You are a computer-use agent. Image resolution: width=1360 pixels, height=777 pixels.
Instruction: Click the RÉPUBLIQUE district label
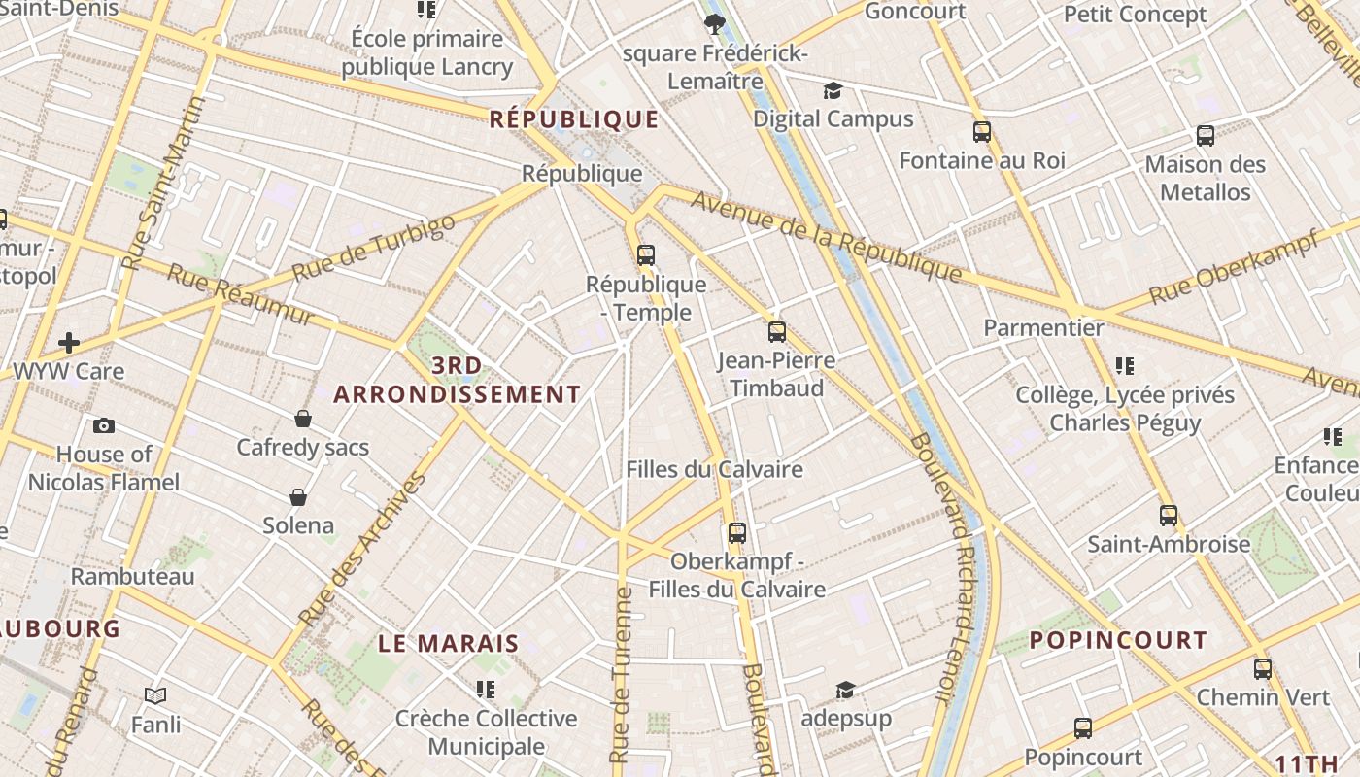pos(574,119)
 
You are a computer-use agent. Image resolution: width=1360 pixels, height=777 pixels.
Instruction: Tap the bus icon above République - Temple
pos(646,255)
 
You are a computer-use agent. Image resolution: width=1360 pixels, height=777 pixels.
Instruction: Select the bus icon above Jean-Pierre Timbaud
pos(776,332)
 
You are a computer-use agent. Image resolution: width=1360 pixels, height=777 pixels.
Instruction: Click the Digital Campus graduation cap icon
pos(833,91)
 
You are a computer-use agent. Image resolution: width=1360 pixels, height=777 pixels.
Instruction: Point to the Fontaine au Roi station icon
pos(981,132)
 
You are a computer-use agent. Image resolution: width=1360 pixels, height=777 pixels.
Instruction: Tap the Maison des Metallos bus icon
pos(1206,136)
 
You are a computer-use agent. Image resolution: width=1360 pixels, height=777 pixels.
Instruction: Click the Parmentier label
pos(1043,327)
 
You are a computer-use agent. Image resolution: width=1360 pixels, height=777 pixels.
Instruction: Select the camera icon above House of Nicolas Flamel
pos(104,425)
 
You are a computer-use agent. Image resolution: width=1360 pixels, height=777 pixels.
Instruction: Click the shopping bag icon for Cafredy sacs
pos(303,419)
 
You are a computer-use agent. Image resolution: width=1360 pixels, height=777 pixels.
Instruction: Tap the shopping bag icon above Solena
pos(298,497)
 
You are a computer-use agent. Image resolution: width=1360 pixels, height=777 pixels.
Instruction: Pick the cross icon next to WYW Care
pos(69,342)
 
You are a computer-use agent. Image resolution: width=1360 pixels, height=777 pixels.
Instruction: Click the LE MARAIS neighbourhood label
pos(449,643)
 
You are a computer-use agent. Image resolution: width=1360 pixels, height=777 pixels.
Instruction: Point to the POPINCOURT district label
pos(1118,640)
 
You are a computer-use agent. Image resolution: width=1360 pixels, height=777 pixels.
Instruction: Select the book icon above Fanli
pos(155,695)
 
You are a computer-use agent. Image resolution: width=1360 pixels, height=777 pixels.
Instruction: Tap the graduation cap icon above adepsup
pos(846,690)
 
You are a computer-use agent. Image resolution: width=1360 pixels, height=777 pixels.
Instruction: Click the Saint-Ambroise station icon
pos(1169,516)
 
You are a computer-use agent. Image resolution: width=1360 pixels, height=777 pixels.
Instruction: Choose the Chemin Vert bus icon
pos(1263,668)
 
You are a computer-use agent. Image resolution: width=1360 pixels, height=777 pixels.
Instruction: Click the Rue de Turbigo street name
pos(373,249)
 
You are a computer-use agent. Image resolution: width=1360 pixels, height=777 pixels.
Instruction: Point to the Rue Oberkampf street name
pos(1234,266)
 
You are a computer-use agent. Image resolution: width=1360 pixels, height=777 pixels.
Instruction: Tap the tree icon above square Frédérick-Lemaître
pos(715,23)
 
